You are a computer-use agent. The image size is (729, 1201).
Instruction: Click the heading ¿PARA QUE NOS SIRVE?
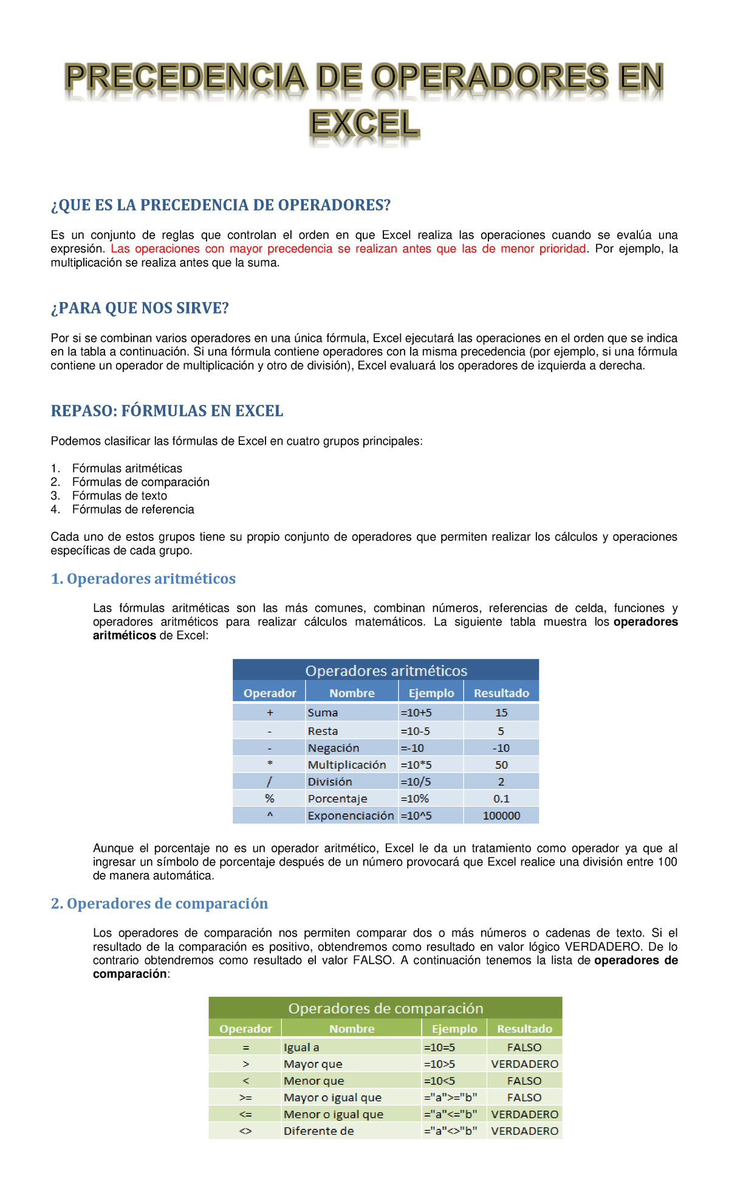click(140, 308)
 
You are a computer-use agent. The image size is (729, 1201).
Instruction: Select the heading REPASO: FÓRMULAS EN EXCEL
click(167, 411)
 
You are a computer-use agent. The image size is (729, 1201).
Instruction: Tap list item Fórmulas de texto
click(119, 496)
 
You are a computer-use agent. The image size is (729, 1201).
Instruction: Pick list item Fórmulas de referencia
click(132, 509)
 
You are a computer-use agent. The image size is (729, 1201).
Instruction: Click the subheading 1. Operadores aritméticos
click(143, 579)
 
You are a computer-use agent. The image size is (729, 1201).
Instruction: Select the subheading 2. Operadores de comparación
click(159, 904)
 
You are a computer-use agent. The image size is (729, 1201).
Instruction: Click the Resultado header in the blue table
click(501, 693)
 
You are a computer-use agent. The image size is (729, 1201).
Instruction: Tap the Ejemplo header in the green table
click(454, 1029)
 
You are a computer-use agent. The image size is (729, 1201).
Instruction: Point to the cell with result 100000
click(501, 816)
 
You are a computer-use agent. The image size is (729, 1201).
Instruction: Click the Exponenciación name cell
click(351, 816)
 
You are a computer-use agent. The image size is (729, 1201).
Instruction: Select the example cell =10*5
click(416, 765)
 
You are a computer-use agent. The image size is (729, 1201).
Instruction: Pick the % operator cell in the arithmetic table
click(269, 799)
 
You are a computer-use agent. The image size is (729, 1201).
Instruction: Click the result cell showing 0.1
click(501, 799)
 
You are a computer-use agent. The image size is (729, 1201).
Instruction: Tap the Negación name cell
click(334, 748)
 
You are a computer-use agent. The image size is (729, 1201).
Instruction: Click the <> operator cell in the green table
click(245, 1131)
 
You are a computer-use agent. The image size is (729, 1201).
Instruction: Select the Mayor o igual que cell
click(332, 1098)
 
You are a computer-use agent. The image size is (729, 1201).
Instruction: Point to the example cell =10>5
click(439, 1064)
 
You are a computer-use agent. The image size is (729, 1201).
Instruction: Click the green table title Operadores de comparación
click(385, 1009)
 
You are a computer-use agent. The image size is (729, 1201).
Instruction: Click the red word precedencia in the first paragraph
click(300, 249)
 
